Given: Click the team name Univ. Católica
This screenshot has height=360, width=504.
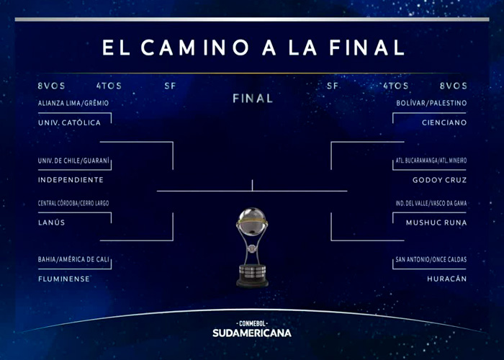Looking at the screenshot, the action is click(69, 122).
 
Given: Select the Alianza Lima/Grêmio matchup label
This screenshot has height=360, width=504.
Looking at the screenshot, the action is click(73, 103).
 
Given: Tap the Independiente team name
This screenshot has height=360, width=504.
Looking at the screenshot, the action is click(71, 180).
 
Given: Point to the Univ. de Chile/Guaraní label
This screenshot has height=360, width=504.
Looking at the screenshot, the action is click(73, 161).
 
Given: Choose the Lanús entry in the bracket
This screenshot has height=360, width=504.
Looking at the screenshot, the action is click(51, 222).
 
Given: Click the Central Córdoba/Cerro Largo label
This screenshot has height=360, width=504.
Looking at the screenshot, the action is click(73, 203).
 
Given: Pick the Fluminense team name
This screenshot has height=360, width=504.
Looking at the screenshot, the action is click(64, 279).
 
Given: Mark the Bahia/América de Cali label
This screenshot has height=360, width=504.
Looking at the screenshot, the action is click(73, 259).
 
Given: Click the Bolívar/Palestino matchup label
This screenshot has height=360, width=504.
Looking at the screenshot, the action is click(431, 103).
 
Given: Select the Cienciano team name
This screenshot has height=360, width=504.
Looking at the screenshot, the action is click(444, 122).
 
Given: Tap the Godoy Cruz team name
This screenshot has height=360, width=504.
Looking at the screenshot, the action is click(439, 180).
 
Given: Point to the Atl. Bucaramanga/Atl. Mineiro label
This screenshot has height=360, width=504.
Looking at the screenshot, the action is click(431, 161).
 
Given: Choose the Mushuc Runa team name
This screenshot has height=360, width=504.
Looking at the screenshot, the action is click(436, 222).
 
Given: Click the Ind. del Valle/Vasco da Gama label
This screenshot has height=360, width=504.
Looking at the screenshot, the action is click(431, 203).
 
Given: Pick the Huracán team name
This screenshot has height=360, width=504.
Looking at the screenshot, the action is click(447, 279).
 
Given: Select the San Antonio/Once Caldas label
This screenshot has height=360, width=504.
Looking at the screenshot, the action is click(431, 259).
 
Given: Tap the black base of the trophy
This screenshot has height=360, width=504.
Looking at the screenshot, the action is click(252, 276).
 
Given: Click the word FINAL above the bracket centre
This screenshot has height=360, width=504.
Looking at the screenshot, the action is click(253, 99).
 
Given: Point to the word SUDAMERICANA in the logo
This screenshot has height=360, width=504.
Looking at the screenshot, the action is click(252, 333).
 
